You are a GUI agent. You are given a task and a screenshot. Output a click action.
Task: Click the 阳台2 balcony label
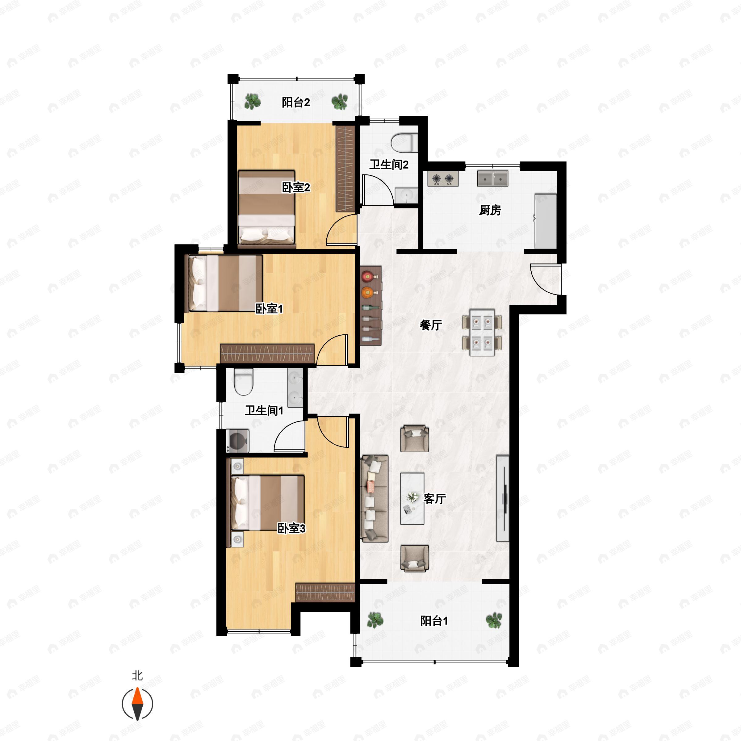pos(296,103)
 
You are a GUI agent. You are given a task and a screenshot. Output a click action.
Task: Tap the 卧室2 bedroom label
pos(296,187)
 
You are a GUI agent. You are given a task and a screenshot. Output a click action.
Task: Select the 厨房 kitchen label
pos(490,210)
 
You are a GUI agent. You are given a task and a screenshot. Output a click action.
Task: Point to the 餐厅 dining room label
pos(431,325)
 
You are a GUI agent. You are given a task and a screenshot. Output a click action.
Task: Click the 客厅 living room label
pos(434,499)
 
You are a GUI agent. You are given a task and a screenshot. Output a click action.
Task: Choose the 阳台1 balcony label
pos(434,621)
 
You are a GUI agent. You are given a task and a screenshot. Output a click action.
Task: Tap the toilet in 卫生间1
pos(244,382)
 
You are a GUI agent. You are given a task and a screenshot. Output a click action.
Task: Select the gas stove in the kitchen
pos(443,179)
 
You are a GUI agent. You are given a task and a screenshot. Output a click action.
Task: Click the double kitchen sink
pos(492,179)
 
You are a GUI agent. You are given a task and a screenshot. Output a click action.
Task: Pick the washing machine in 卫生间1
pos(238,441)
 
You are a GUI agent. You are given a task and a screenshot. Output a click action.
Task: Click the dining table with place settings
pos(482,333)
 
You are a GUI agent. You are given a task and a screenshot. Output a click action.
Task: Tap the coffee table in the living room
pos(412,499)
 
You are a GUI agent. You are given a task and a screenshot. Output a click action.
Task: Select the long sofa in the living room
pos(374,499)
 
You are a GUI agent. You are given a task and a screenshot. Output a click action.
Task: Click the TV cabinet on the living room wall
pos(503,499)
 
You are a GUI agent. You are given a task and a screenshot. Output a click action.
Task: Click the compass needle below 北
pos(137,704)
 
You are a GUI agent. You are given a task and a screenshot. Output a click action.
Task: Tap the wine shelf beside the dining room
pos(371,306)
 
